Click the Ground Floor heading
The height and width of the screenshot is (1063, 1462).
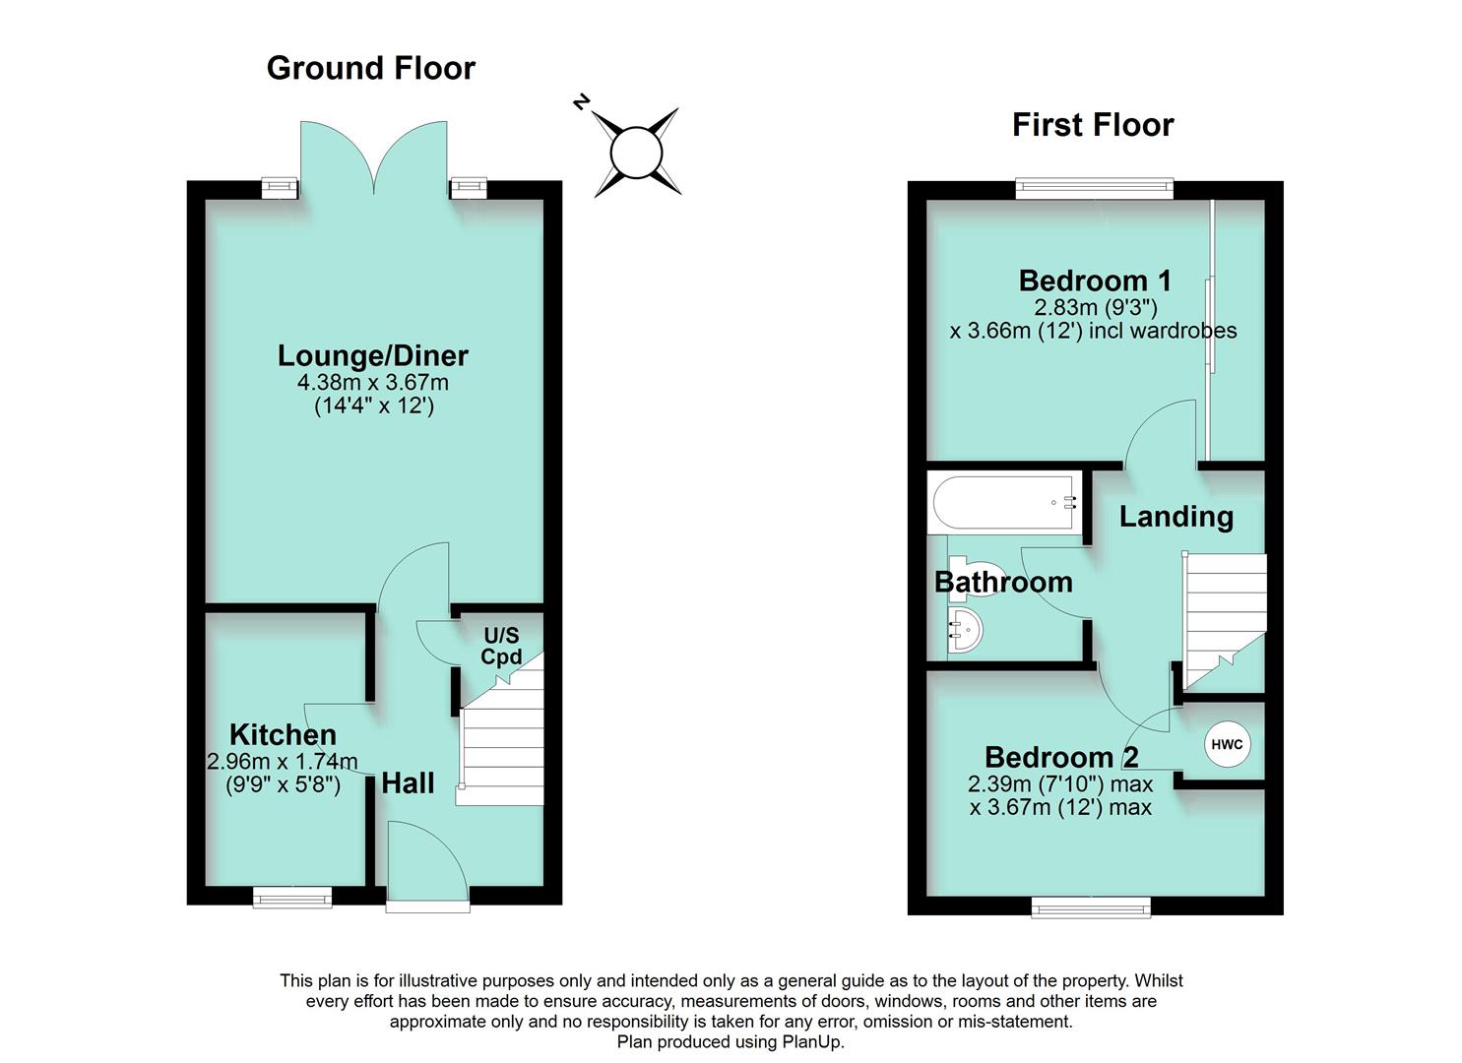(370, 68)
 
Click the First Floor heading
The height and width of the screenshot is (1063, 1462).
(1092, 125)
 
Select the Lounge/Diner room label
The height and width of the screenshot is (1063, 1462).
(372, 355)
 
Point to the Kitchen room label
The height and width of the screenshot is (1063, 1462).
(283, 734)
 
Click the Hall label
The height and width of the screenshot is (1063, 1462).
(408, 783)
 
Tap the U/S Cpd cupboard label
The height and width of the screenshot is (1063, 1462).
(500, 647)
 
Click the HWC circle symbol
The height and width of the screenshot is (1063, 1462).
(1226, 745)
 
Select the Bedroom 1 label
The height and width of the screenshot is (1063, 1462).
(1094, 281)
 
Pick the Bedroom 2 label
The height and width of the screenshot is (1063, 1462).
(1061, 757)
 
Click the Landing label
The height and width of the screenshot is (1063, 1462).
(1176, 517)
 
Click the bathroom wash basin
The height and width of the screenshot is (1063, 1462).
(964, 629)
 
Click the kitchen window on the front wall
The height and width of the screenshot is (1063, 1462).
(292, 896)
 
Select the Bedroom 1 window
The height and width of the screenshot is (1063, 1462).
(1094, 188)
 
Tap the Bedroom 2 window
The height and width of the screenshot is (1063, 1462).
(1090, 907)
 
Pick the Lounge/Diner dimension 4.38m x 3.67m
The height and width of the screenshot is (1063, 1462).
(372, 382)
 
